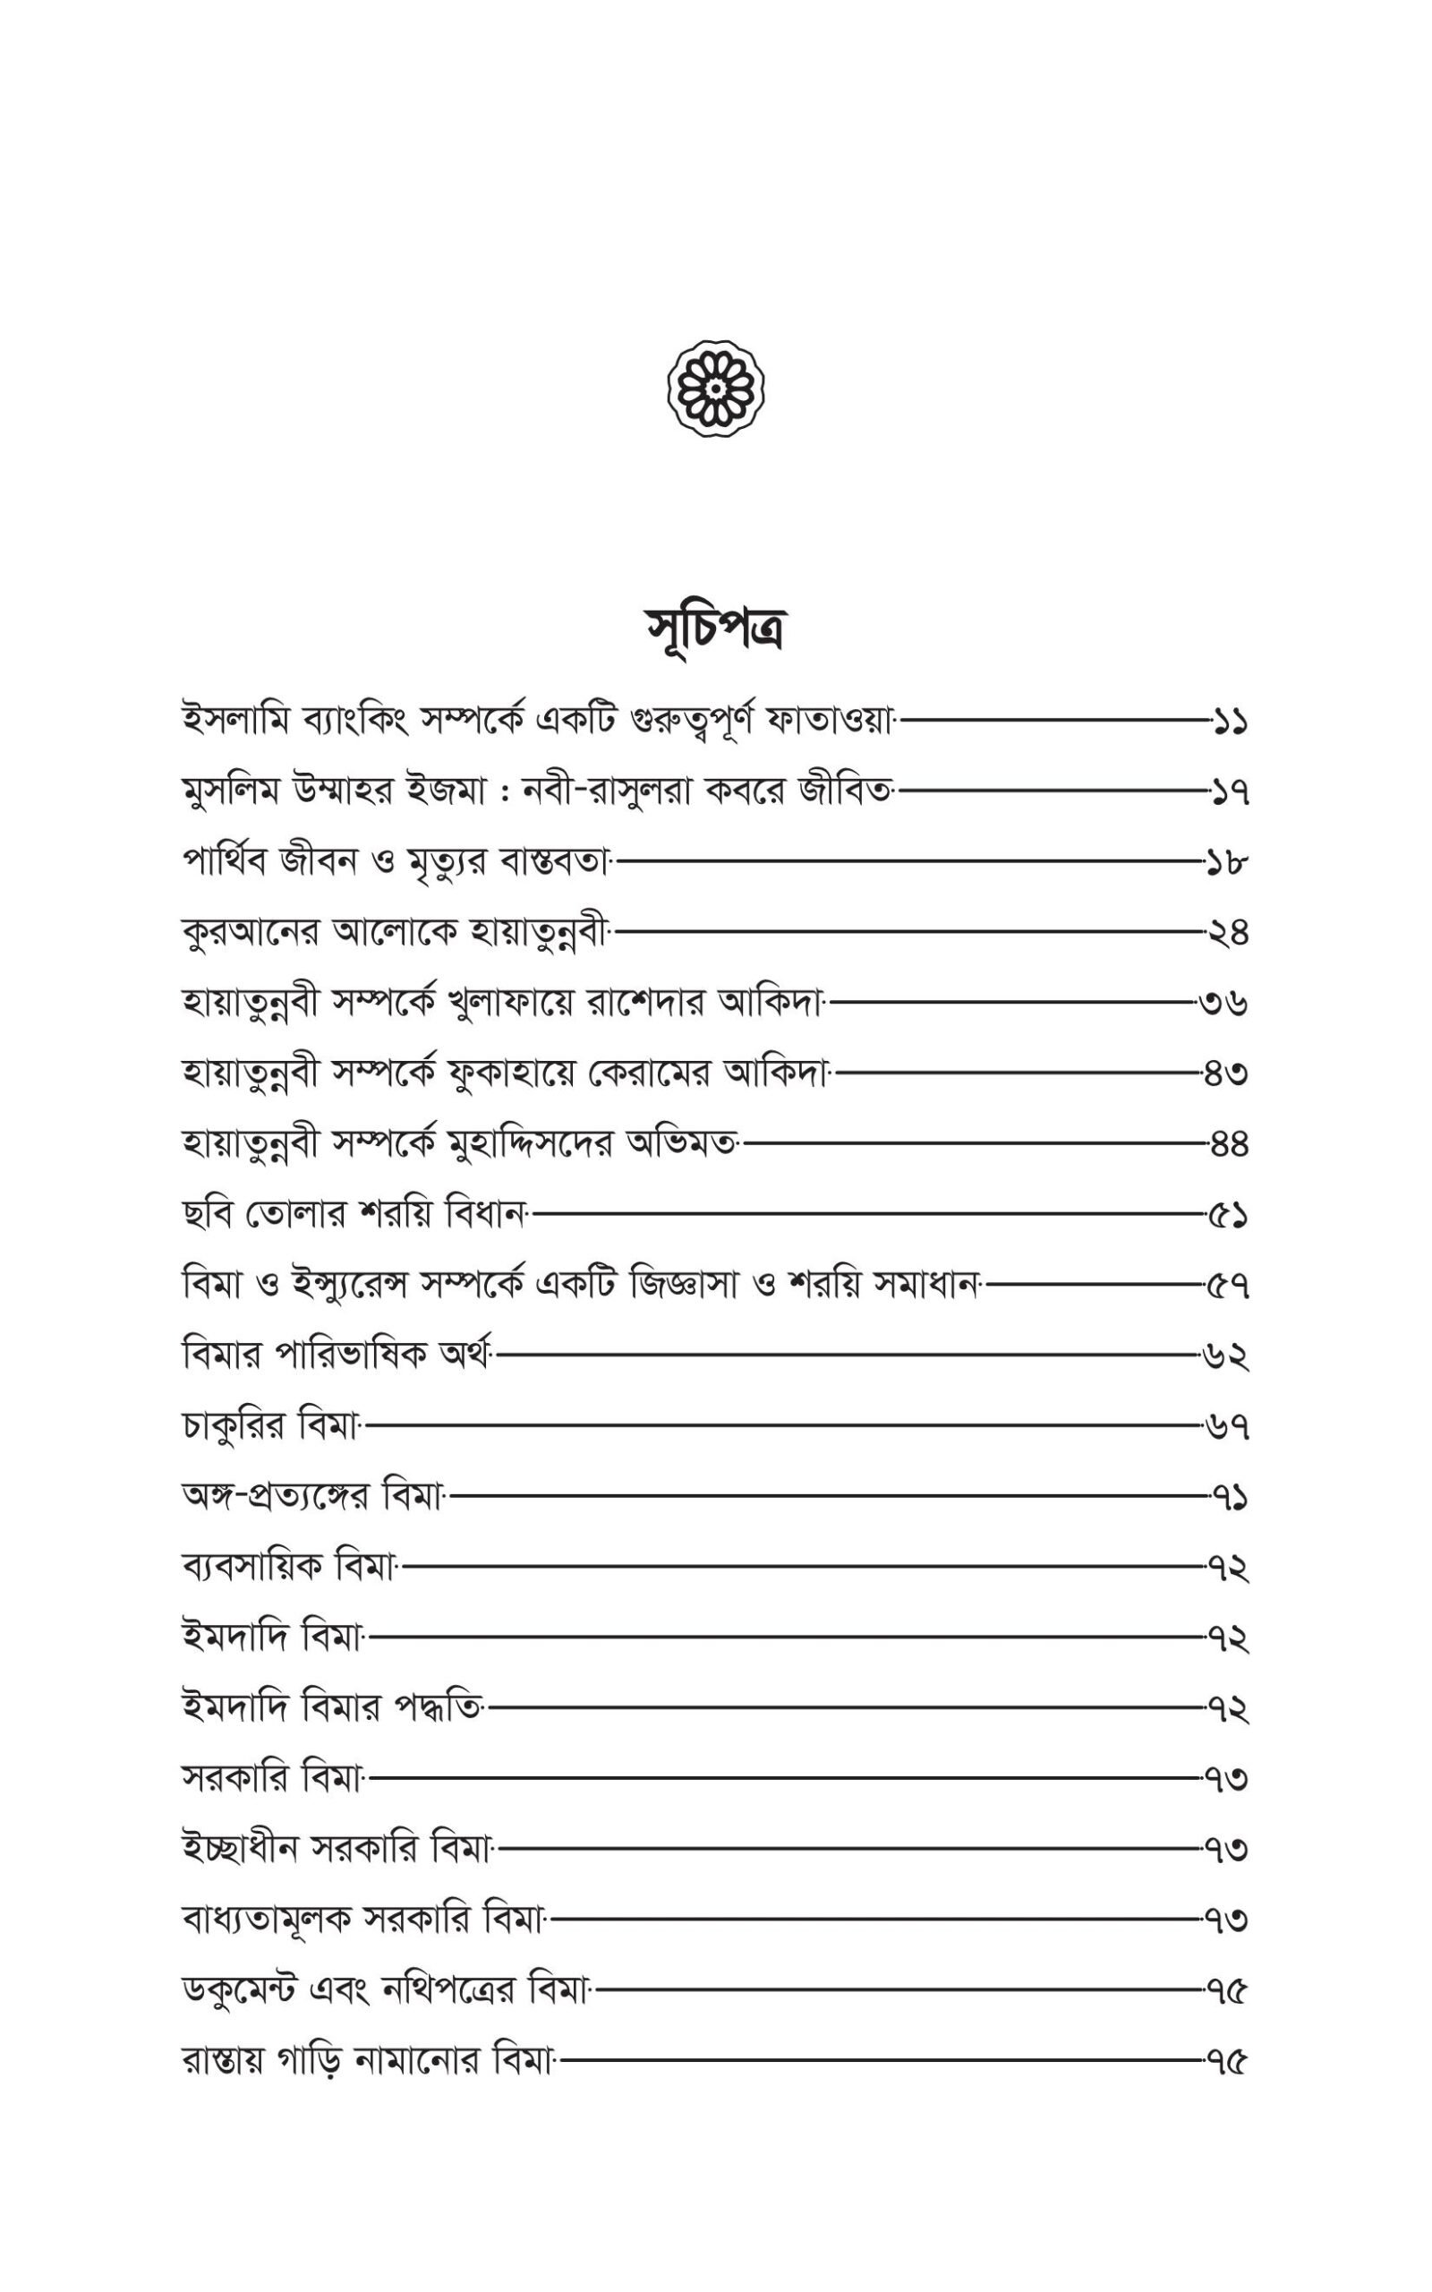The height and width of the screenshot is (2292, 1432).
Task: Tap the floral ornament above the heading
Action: [716, 389]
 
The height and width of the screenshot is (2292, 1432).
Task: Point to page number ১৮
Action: [1227, 863]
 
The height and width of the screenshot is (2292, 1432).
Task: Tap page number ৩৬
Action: [1223, 1003]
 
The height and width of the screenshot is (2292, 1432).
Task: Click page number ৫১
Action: [1228, 1214]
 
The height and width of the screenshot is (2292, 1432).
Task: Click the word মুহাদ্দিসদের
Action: [536, 1144]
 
